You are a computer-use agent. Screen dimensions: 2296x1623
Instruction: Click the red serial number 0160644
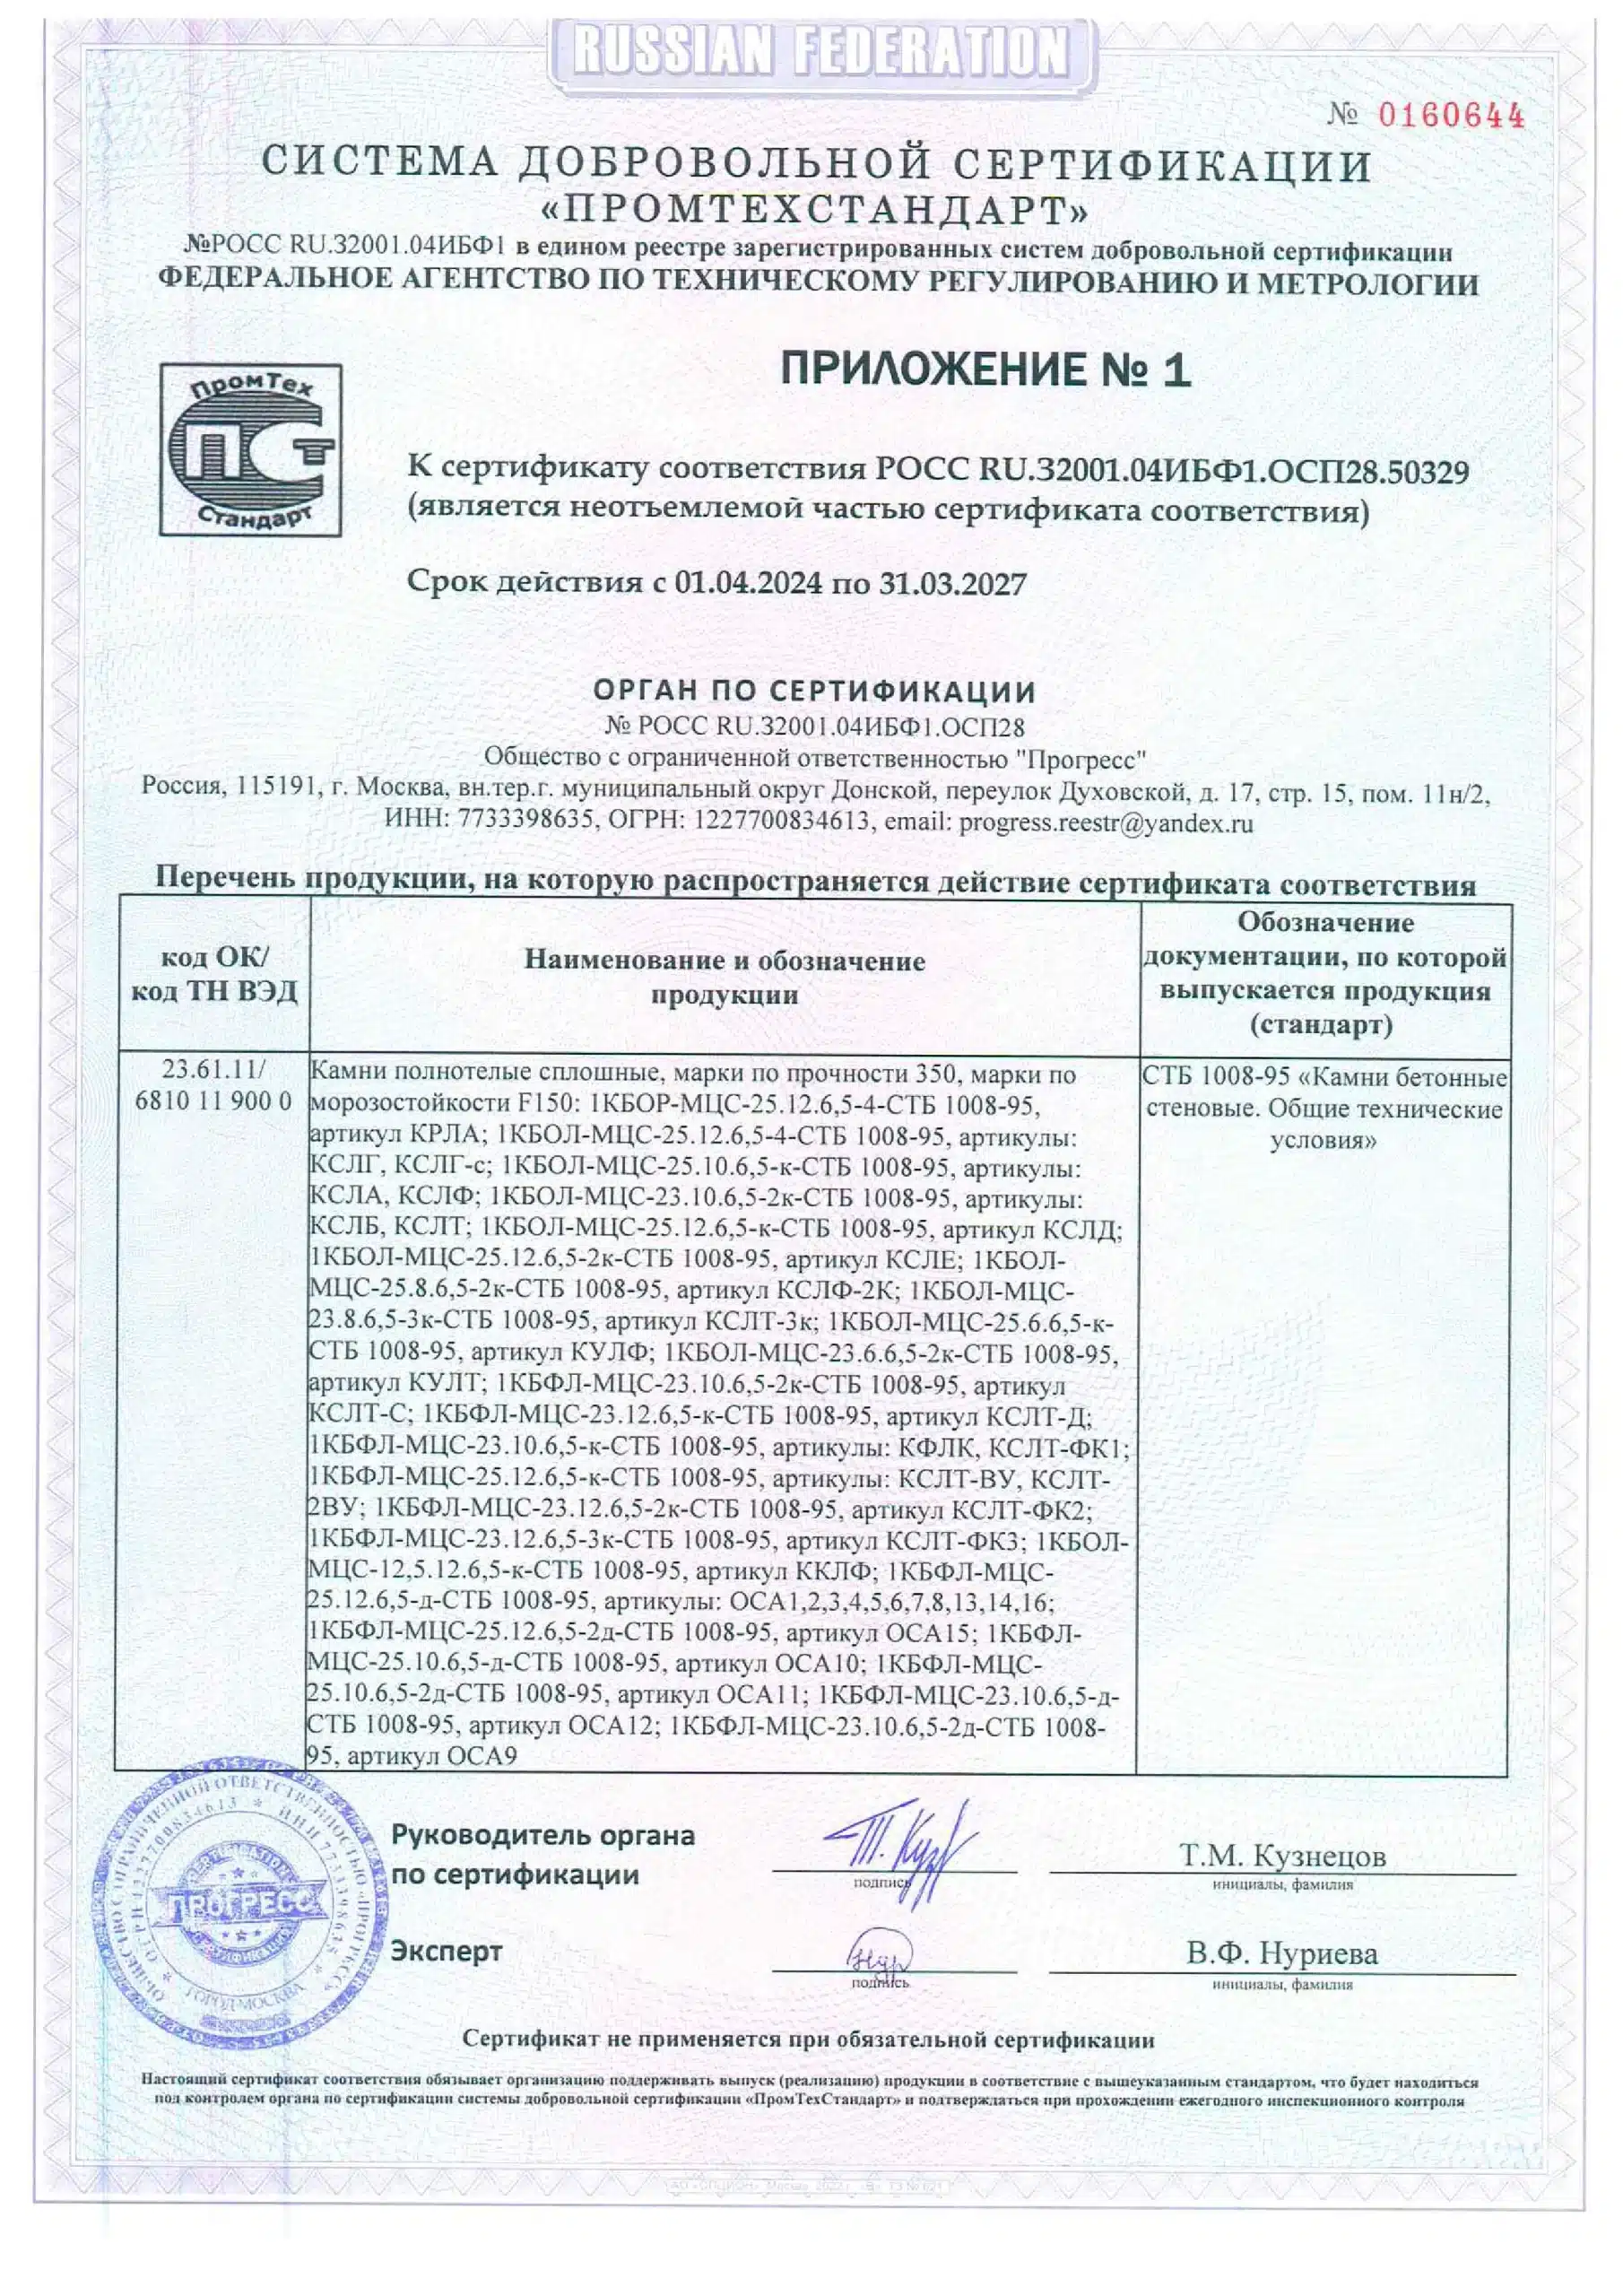(x=1451, y=116)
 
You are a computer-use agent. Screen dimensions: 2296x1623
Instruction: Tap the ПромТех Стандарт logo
(x=250, y=450)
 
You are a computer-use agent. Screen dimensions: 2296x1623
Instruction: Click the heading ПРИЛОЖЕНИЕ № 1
(x=985, y=370)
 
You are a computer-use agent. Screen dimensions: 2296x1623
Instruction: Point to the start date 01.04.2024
(x=749, y=583)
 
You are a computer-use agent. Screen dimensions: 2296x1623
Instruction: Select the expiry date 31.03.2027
(x=953, y=583)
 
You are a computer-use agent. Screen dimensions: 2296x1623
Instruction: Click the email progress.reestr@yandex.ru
(x=1105, y=823)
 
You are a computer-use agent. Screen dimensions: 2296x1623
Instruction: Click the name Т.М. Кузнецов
(x=1283, y=1856)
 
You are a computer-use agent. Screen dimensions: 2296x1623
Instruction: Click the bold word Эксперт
(x=446, y=1950)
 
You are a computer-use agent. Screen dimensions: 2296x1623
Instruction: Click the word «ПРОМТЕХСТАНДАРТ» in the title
(x=814, y=211)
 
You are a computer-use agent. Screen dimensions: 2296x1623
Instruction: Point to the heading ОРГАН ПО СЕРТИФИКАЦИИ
(x=814, y=691)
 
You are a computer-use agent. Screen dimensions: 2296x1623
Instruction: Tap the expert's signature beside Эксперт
(x=879, y=1951)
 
